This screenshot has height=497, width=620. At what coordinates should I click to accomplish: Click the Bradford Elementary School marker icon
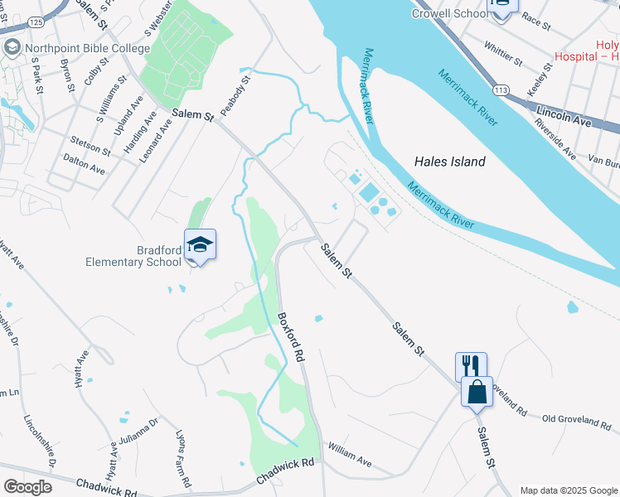pos(200,244)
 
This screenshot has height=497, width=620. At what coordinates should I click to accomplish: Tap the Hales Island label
pos(449,162)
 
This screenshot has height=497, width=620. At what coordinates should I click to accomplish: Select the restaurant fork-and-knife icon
pos(470,365)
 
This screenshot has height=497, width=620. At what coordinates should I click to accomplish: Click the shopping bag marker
pos(477,391)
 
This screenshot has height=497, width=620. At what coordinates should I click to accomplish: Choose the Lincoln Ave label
pos(564,115)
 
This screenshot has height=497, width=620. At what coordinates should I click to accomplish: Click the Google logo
pos(27,487)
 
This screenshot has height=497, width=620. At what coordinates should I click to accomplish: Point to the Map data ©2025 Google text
pos(568,490)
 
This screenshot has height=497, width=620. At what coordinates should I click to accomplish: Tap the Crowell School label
pos(448,13)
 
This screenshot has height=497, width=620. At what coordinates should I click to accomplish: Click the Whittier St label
pos(502,54)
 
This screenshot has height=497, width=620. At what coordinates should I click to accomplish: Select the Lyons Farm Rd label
pos(185,456)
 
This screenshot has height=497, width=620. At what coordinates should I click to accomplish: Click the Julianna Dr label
pos(138,444)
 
